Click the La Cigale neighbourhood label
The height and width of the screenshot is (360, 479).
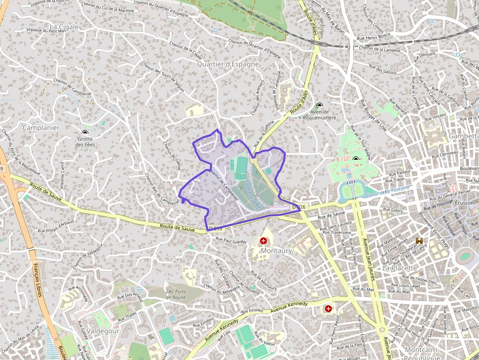coord(64,27)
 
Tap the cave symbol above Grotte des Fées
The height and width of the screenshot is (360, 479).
coord(85,132)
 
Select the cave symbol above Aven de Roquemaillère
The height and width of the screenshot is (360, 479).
coord(320,106)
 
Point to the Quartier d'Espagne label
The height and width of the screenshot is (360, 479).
coord(228,64)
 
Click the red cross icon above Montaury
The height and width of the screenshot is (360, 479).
coord(263,241)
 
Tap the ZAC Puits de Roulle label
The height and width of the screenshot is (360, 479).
coord(176,294)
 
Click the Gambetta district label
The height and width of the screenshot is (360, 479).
coord(463,135)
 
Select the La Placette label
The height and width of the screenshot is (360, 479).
coord(400,268)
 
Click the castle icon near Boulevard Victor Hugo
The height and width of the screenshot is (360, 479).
coord(419,240)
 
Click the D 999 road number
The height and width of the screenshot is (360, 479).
coord(215,228)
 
